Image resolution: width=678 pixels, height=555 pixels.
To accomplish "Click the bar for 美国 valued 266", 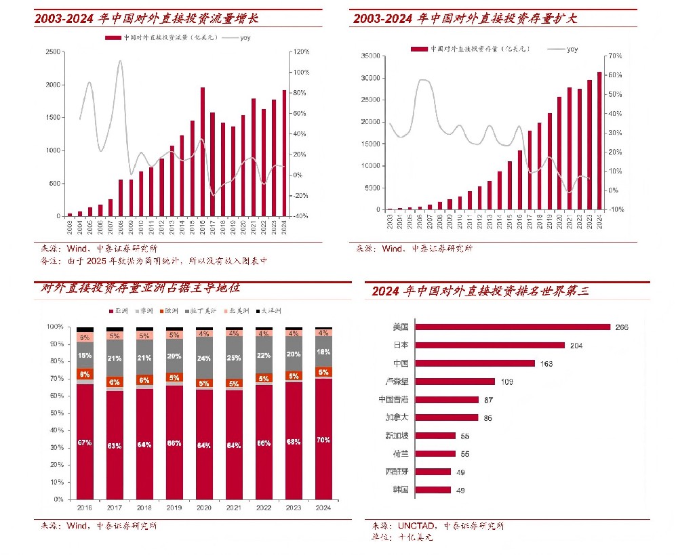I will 513,327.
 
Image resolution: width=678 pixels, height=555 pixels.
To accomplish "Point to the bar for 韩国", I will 433,489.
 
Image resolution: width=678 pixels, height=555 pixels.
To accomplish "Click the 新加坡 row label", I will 397,436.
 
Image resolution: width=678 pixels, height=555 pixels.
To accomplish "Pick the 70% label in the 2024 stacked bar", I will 323,440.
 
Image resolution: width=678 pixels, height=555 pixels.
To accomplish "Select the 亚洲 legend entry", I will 121,311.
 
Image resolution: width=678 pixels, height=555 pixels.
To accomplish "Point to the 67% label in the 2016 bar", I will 85,443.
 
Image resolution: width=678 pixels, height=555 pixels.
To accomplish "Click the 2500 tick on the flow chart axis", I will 52,52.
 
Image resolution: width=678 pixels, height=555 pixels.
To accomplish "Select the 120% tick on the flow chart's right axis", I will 301,52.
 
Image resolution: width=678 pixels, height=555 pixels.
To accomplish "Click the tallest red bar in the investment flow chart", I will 202,152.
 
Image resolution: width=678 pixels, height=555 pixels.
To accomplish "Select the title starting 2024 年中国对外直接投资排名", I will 480,291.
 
